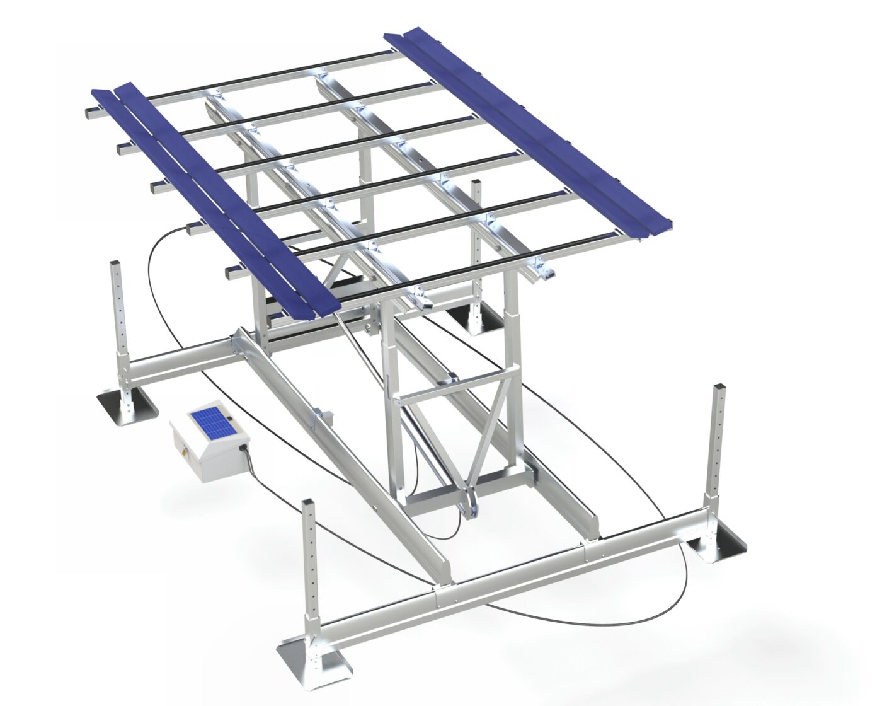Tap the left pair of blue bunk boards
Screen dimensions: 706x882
click(x=214, y=195)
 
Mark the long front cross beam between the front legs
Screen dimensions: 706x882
click(x=504, y=580)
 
